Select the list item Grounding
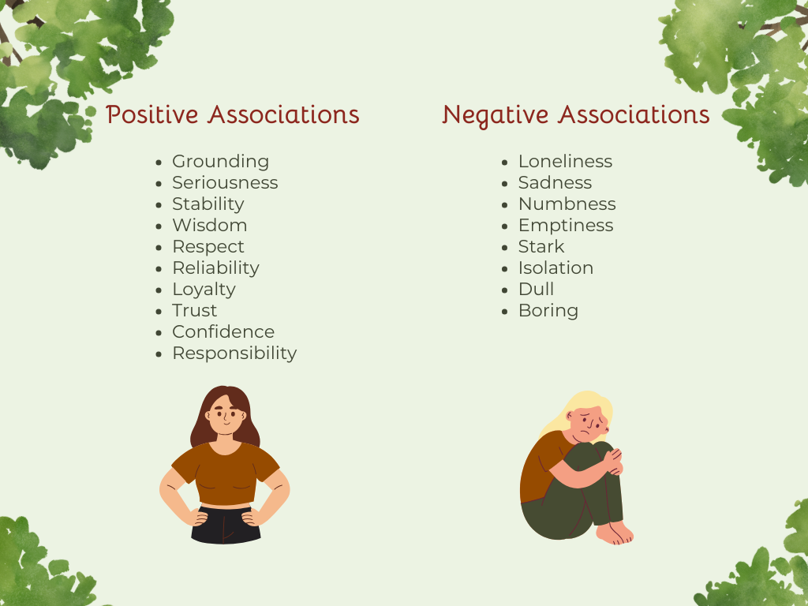click(x=220, y=162)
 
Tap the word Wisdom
click(x=209, y=226)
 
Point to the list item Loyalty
click(x=204, y=290)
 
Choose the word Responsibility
click(x=234, y=353)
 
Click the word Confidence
click(x=223, y=332)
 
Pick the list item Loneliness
click(x=565, y=162)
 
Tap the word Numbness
click(x=567, y=204)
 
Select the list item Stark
click(x=541, y=247)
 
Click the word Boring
click(x=548, y=311)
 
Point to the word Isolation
click(x=555, y=268)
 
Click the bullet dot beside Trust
click(x=162, y=312)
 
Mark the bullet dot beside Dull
click(x=507, y=290)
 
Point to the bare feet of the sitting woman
click(x=615, y=533)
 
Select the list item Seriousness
click(x=225, y=183)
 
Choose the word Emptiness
click(x=565, y=226)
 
